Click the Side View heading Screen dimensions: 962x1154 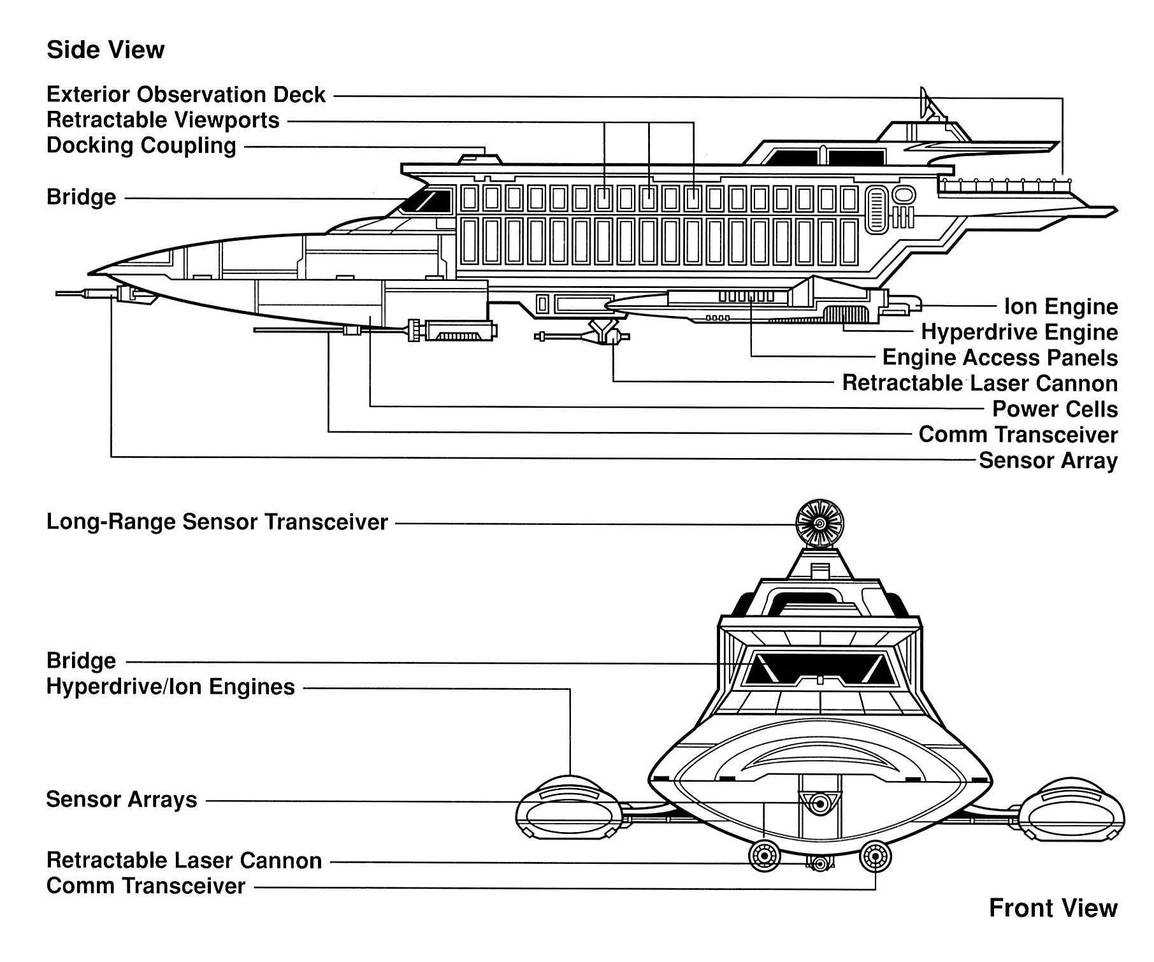click(105, 50)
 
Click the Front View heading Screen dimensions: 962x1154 click(1053, 908)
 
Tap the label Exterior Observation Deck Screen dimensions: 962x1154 click(186, 94)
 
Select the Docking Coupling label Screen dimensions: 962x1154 click(141, 145)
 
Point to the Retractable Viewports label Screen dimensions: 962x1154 click(163, 120)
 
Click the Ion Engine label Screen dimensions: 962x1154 click(1060, 306)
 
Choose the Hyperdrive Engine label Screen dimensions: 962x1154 click(1019, 332)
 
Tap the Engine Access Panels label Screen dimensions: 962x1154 click(1000, 357)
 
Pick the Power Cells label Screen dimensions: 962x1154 click(1055, 409)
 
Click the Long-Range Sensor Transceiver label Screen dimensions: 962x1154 click(217, 522)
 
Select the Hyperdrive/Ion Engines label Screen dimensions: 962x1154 click(171, 687)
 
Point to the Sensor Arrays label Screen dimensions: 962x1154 click(122, 800)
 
